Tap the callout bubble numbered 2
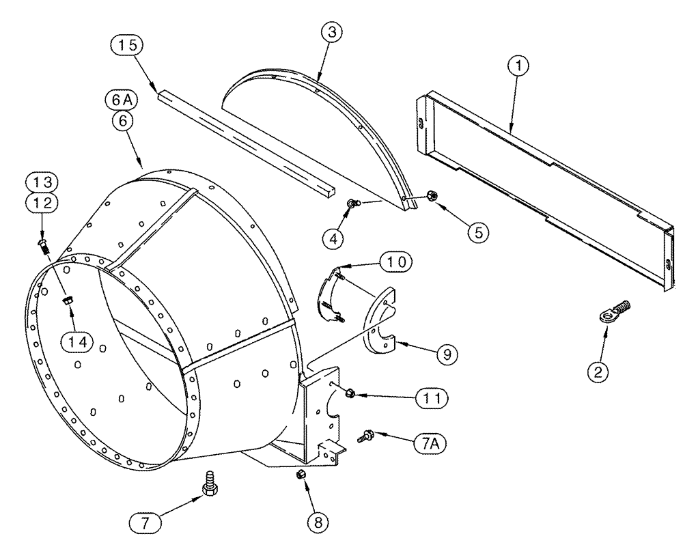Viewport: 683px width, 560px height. point(599,372)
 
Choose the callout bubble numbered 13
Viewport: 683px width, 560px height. point(44,182)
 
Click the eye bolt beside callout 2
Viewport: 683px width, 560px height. point(613,312)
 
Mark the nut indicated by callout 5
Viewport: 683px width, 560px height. point(432,196)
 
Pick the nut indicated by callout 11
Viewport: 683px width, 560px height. point(350,393)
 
